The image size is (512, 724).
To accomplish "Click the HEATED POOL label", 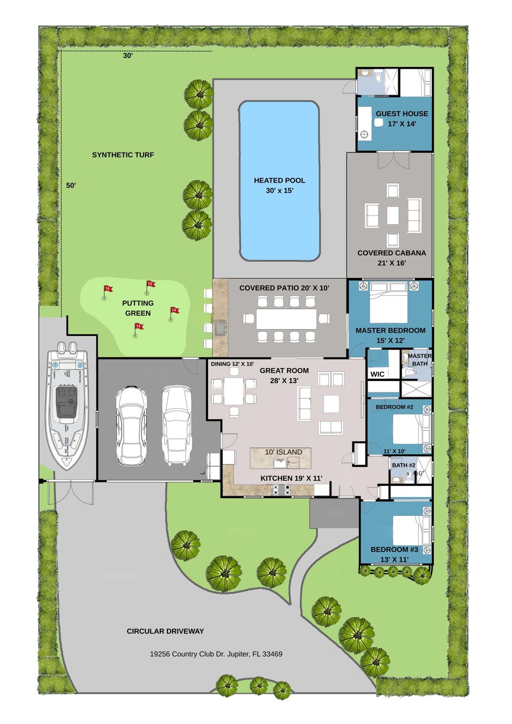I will click(x=279, y=180).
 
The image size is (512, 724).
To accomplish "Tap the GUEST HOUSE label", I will click(x=402, y=114).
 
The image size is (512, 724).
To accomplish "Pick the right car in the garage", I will click(x=176, y=424).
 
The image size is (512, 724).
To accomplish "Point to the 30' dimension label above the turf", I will click(x=127, y=56).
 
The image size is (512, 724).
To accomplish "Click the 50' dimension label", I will click(x=71, y=185).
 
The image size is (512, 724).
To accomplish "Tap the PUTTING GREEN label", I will click(x=138, y=308).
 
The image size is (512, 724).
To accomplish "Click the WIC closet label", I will click(x=377, y=374).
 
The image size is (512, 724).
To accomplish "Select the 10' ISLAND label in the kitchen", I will click(x=284, y=452).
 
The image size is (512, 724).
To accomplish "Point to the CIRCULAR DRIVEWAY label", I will click(x=165, y=631).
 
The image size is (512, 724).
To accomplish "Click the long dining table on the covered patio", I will click(x=286, y=319).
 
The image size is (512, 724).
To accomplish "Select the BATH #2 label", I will click(x=404, y=465).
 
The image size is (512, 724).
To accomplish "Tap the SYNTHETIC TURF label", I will click(x=123, y=155).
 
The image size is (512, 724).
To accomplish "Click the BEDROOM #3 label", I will click(x=394, y=550).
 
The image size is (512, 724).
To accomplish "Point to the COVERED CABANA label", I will click(x=391, y=253).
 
